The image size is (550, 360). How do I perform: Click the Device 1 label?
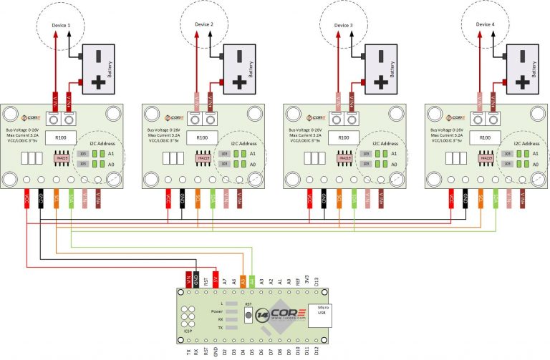pos(61,25)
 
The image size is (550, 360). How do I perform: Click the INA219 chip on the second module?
pos(203,157)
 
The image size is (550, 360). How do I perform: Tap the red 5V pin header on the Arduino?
pos(216,281)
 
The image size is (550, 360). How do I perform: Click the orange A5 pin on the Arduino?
pos(243,281)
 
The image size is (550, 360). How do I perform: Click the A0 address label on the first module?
pos(110,164)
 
